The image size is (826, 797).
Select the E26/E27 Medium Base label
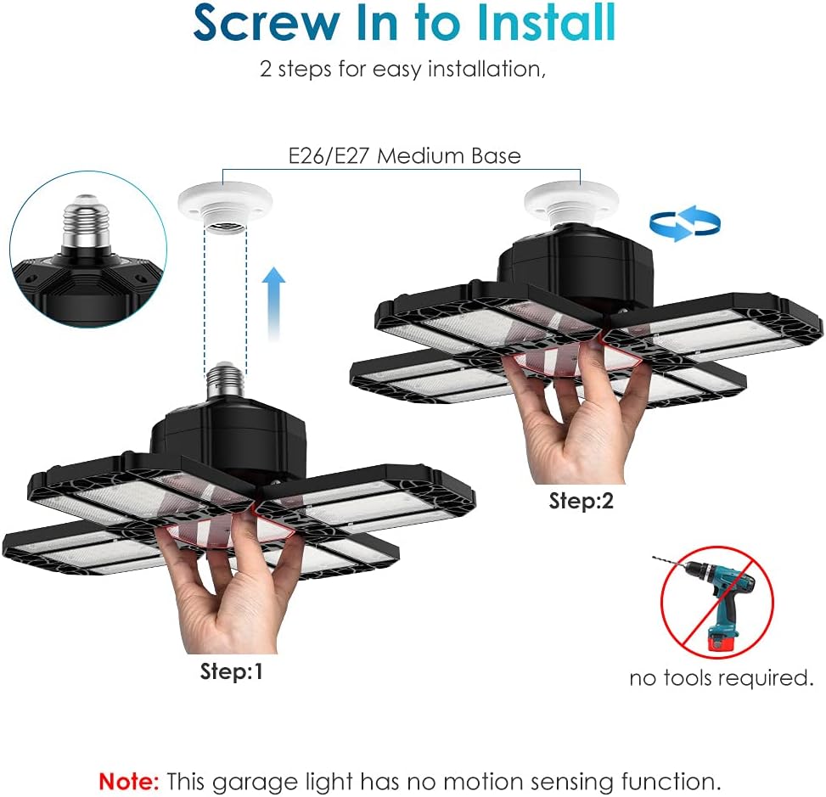[405, 156]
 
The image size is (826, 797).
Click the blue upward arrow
[273, 304]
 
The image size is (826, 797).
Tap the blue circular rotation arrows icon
[685, 223]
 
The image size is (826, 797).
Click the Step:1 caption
[231, 671]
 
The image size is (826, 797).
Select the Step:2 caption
[582, 501]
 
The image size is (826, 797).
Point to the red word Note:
[128, 781]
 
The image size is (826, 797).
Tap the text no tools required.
[722, 678]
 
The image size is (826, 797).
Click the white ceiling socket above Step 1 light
[225, 206]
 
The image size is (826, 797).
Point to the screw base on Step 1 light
[225, 382]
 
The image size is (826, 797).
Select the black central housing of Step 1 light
[228, 437]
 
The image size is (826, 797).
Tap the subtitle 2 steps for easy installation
[403, 70]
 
